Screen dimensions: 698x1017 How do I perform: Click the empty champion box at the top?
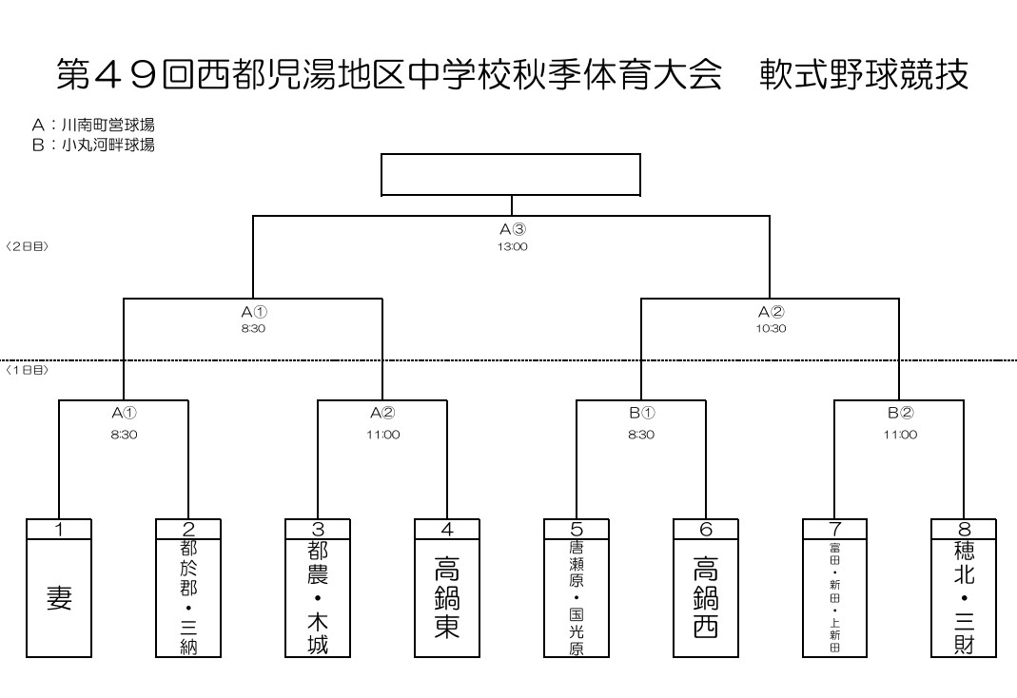tap(511, 174)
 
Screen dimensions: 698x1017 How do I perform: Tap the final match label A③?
tap(512, 229)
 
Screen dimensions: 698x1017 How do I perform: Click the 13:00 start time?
tap(512, 246)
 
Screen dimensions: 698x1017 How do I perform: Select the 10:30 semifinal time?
tap(771, 328)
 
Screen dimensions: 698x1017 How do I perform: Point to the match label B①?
tap(641, 412)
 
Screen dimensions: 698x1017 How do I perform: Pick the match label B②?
tap(900, 412)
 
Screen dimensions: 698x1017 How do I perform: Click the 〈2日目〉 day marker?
tap(27, 246)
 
